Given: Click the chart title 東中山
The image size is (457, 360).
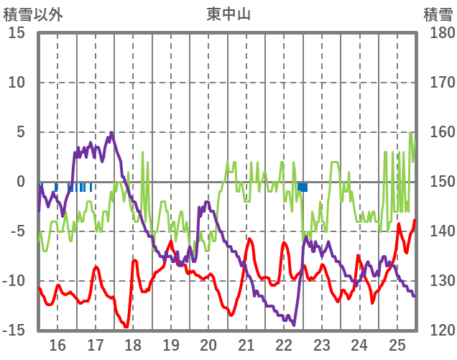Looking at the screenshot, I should tap(229, 14).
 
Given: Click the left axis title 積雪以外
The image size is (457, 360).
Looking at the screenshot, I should tap(34, 14).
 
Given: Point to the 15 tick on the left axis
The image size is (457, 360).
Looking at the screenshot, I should tap(17, 33).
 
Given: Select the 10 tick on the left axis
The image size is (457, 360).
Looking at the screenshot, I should tap(17, 83).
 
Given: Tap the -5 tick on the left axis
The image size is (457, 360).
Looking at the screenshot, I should tap(17, 231).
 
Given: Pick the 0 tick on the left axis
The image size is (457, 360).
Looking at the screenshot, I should tap(21, 182).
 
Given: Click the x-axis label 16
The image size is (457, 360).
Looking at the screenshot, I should tap(57, 344).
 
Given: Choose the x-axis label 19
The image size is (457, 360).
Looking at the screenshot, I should tap(171, 344).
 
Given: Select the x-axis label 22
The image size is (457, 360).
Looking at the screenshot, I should tap(284, 344).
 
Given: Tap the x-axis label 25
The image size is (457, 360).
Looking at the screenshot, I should tap(397, 344).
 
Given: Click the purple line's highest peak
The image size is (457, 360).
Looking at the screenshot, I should tap(111, 133).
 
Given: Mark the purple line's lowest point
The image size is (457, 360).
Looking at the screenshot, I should tap(293, 325).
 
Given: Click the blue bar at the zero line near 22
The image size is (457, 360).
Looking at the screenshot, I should tap(303, 187).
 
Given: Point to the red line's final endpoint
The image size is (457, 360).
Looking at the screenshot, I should tap(415, 220).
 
